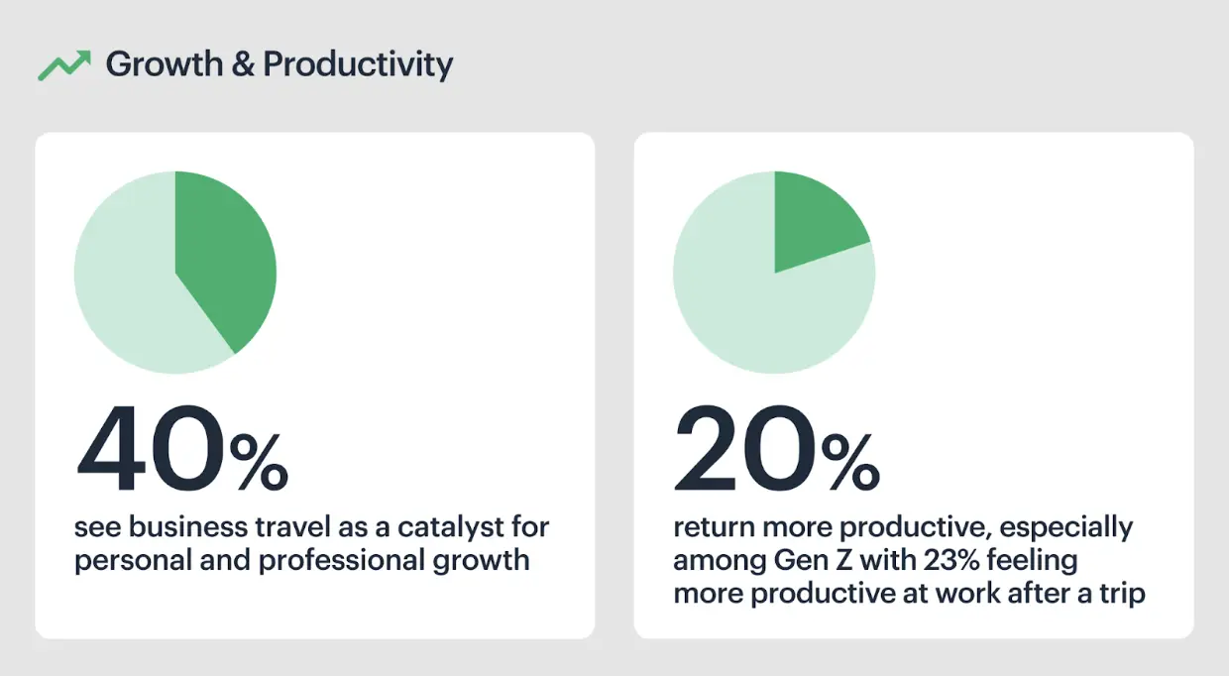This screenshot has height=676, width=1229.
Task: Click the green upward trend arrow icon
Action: (64, 65)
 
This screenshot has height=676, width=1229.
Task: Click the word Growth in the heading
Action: (165, 63)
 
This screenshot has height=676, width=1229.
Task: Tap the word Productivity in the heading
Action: (358, 65)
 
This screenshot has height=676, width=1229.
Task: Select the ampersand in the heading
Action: (243, 63)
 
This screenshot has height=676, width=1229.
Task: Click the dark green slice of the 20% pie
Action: (812, 219)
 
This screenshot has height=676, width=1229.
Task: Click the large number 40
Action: (151, 448)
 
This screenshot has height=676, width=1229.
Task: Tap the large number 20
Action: (745, 448)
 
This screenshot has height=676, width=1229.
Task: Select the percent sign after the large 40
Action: (259, 461)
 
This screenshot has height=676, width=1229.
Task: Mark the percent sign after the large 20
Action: (851, 461)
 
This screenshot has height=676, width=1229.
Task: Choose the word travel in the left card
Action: (292, 526)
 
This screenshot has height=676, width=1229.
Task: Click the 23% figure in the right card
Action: (951, 560)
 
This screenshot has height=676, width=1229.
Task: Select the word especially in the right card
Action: (1066, 527)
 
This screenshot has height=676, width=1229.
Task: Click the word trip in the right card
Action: (1123, 595)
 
